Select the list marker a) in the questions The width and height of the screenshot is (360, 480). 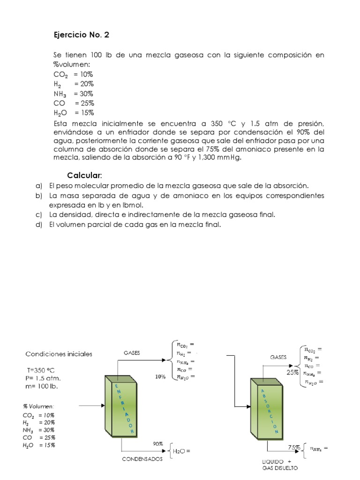(39, 186)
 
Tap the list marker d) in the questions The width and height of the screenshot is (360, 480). (39, 225)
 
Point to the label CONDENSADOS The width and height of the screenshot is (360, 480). (142, 459)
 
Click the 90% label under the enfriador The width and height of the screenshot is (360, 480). (157, 443)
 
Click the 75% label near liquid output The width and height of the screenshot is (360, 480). (294, 448)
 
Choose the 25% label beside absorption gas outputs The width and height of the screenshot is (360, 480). (293, 373)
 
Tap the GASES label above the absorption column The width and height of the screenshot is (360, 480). (278, 357)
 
